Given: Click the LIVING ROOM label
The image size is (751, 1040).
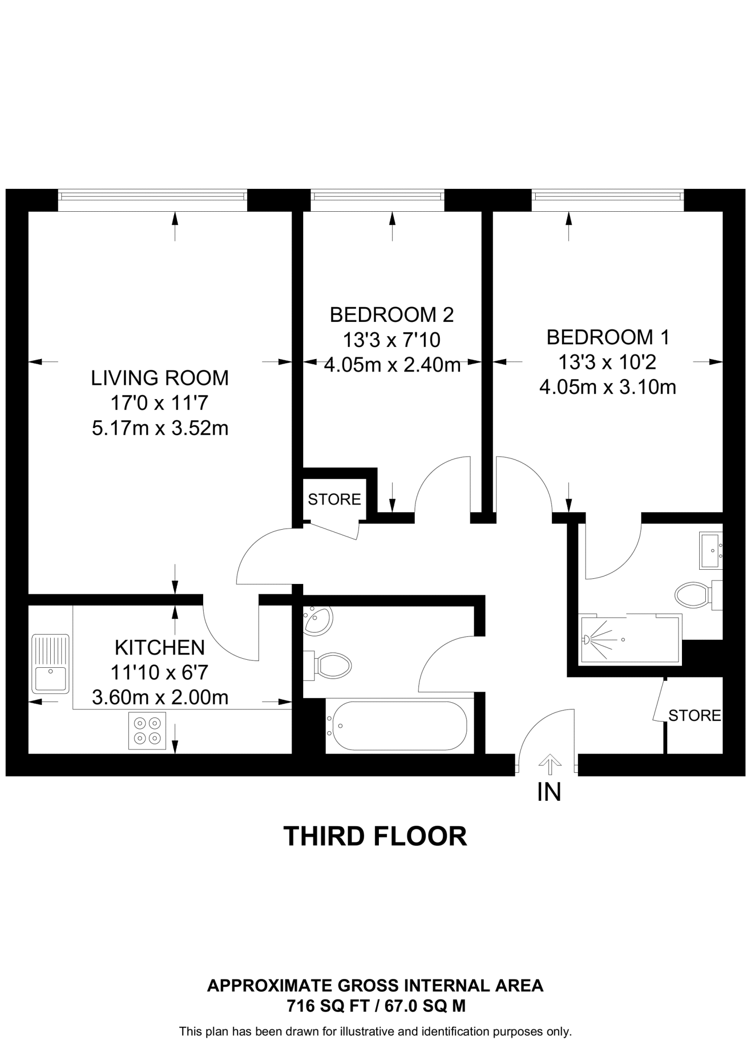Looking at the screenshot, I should pos(159,378).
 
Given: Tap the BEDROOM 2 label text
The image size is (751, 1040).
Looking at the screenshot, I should pos(391,315).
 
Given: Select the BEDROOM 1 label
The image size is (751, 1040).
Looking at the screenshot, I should pos(607,338).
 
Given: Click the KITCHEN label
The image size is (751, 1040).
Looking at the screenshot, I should pos(159,648).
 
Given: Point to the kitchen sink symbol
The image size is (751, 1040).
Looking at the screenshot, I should pos(50,664).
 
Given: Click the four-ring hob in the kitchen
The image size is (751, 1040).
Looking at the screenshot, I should pos(147,731).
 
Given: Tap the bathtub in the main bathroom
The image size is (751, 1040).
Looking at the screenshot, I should pos(397,726).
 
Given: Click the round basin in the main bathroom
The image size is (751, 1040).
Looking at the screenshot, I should pos(318,620).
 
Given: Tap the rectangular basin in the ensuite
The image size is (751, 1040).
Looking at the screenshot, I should pos(710,550).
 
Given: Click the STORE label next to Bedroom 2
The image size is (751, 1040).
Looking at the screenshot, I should pos(334,500).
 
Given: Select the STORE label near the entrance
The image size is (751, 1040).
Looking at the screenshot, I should pos(694,716).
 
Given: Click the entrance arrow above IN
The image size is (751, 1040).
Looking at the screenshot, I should pos(549,762).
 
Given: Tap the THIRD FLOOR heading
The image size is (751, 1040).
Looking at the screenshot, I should pos(375,836).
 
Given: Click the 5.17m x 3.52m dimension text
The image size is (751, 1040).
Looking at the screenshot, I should pos(159,429).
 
